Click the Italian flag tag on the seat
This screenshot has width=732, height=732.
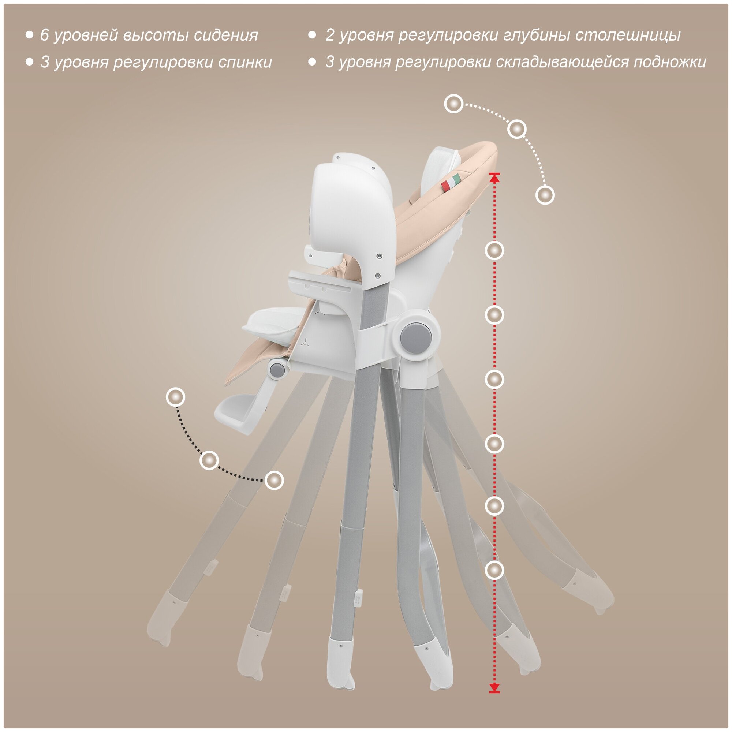coord(453,182)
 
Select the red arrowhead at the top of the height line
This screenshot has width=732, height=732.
coord(494,176)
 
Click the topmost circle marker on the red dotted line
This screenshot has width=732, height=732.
coord(494,250)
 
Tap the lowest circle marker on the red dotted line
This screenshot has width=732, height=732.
coord(494,570)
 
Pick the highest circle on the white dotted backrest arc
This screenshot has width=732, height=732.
coord(453,104)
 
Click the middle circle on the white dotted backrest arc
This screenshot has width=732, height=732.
coord(516,129)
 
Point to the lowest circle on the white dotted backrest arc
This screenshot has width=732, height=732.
coord(545,195)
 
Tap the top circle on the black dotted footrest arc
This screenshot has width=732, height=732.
coord(175,397)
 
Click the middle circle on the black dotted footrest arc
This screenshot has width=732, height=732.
coord(209,460)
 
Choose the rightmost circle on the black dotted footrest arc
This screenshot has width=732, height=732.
coord(274,481)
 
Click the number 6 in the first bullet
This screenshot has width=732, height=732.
coord(45,35)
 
